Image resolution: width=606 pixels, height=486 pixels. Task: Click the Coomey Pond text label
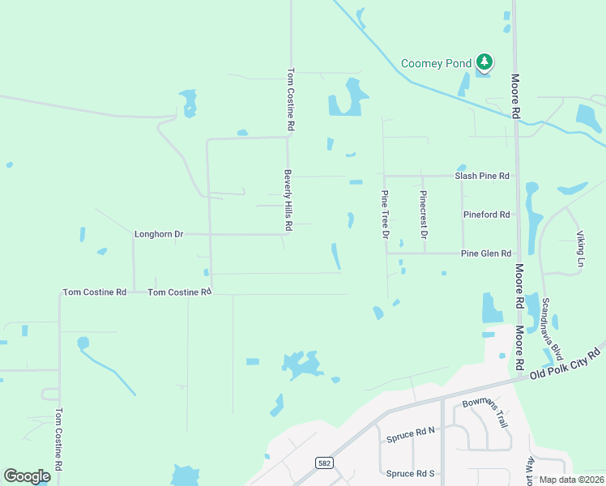437,63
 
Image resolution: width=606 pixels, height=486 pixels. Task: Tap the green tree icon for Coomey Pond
484,62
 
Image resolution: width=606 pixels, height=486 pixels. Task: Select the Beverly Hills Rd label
287,200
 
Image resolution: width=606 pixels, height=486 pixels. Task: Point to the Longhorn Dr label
159,234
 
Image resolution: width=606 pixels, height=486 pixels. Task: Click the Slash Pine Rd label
482,176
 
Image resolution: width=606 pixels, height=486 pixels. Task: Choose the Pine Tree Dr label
386,215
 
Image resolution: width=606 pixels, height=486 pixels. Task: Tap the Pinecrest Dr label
423,215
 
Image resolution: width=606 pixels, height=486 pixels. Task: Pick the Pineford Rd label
486,215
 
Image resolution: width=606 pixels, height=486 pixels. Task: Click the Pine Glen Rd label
486,254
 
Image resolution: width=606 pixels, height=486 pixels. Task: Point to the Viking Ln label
580,249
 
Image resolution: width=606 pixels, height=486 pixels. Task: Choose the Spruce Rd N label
411,435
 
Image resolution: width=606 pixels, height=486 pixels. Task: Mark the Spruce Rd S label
411,473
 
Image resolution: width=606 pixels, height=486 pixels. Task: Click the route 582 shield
323,463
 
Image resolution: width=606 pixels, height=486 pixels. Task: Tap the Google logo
27,476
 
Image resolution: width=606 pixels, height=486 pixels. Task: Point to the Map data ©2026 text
571,480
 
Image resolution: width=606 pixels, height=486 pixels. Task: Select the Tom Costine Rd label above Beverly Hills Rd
290,100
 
